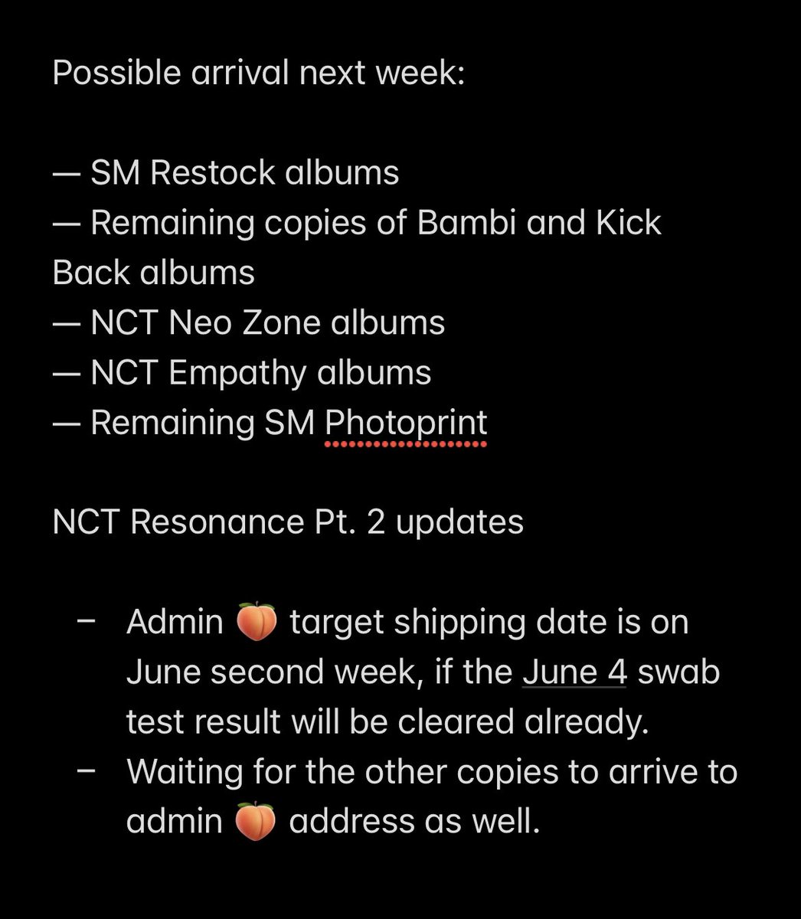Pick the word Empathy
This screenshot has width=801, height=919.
(x=237, y=374)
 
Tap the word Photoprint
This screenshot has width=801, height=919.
(x=406, y=423)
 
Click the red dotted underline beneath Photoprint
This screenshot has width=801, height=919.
(x=406, y=443)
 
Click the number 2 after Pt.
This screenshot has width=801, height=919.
(x=373, y=522)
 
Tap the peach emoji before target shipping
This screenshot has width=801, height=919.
(x=256, y=623)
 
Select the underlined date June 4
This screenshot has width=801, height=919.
(x=574, y=672)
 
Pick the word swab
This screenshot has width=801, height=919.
(x=678, y=672)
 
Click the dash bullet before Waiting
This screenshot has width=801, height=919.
(x=87, y=770)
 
